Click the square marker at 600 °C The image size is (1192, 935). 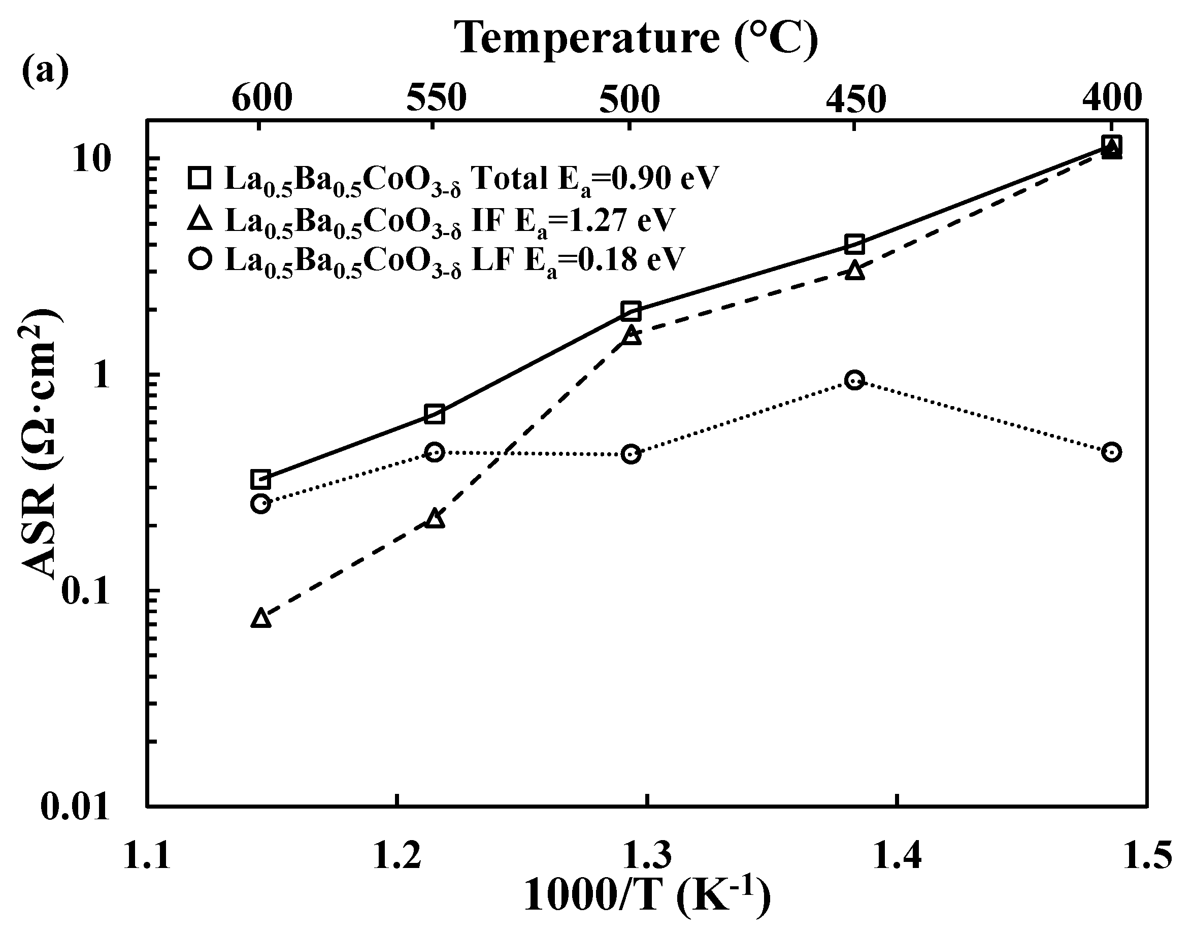pos(260,479)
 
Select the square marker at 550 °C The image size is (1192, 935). pos(434,414)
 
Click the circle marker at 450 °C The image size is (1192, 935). pos(854,380)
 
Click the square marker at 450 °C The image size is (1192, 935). pos(854,244)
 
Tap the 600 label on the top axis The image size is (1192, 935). pos(262,98)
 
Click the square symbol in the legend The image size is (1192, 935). pos(200,178)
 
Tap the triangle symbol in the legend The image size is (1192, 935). pos(200,219)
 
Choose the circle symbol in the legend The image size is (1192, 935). pos(200,258)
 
